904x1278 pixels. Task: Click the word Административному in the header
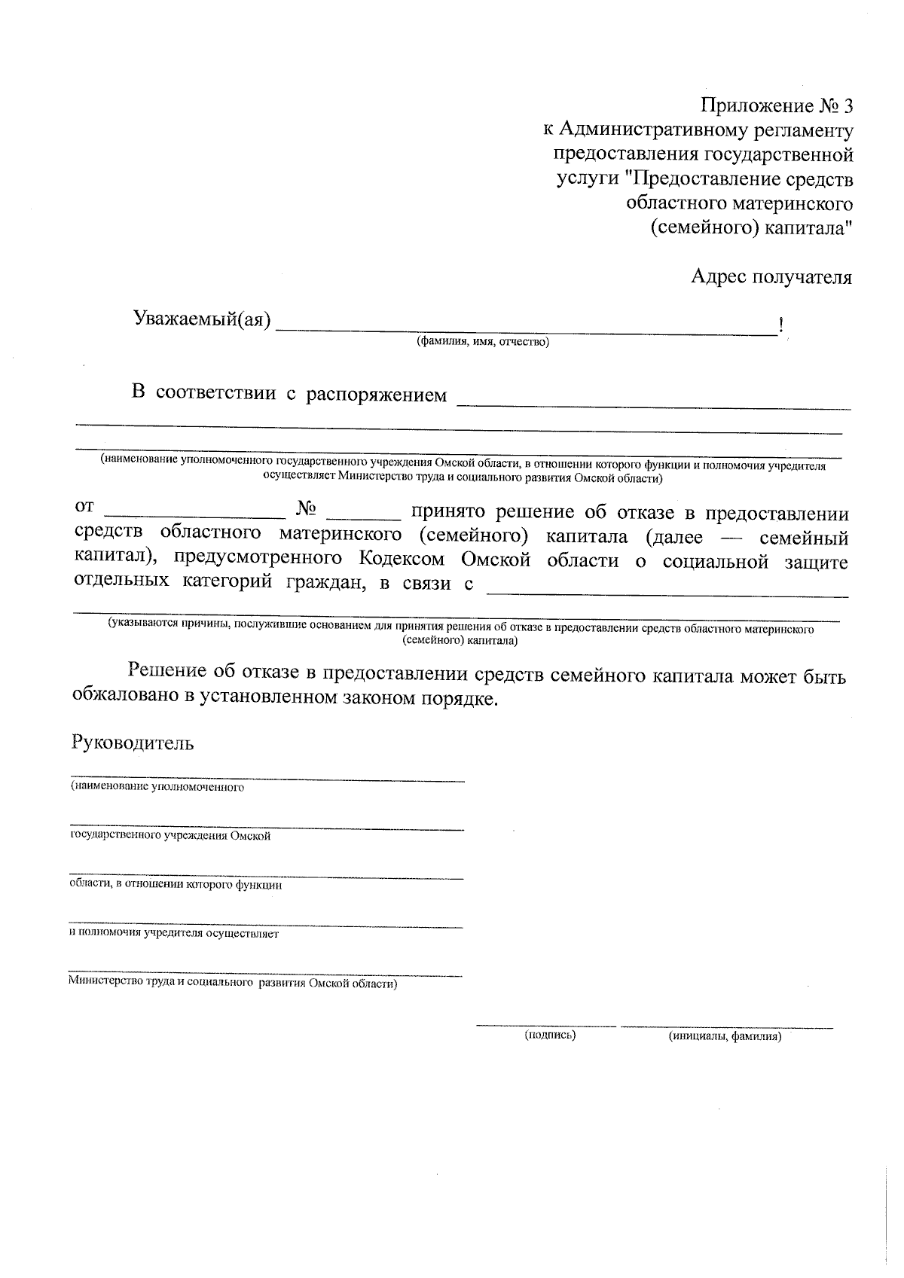(655, 130)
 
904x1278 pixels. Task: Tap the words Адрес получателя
(771, 277)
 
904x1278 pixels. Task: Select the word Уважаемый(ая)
(202, 319)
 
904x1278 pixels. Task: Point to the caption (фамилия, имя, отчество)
(483, 343)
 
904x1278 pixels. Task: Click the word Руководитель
(133, 743)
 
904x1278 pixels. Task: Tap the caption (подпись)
(550, 1036)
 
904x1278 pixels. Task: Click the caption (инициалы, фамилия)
(725, 1037)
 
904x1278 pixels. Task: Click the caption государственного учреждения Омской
(169, 836)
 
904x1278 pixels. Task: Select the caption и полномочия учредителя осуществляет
(173, 934)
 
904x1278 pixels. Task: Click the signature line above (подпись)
(545, 1026)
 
